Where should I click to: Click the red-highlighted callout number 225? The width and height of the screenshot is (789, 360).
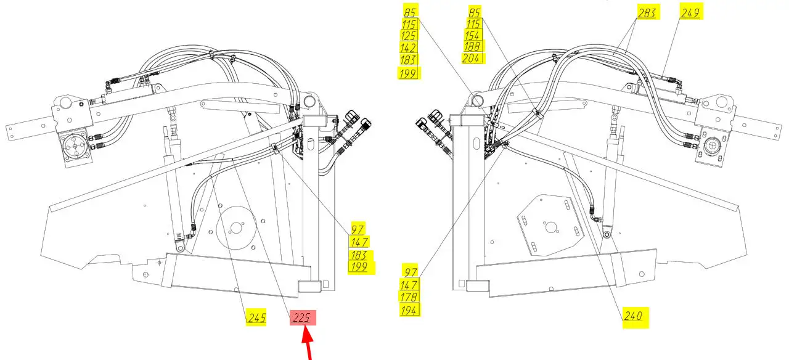tap(302, 317)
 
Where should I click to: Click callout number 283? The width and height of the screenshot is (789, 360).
tap(647, 14)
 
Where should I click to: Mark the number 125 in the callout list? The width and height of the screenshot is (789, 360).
tap(409, 36)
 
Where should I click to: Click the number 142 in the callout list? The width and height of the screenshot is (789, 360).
tap(409, 47)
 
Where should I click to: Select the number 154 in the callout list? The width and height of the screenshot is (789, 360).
tap(472, 36)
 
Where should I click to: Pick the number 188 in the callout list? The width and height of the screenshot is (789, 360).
tap(472, 46)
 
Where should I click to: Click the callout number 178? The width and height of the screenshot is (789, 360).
tap(409, 297)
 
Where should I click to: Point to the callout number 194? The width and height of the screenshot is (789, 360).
tap(409, 310)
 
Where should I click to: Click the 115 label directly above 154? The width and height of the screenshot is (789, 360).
tap(473, 24)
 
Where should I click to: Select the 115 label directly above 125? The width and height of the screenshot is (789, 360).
tap(409, 25)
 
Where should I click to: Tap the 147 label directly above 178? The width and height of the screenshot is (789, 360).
tap(409, 285)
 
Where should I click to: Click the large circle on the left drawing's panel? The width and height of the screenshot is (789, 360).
tap(236, 228)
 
